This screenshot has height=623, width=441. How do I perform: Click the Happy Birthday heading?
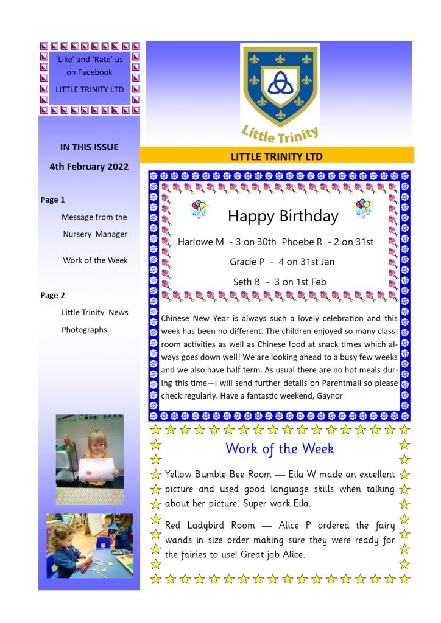(x=283, y=216)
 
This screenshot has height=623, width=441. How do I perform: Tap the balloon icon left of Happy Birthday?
(x=199, y=209)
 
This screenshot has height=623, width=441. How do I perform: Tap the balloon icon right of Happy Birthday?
(x=363, y=207)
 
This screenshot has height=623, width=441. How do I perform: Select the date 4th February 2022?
(x=89, y=166)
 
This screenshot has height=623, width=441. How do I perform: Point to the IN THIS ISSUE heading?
(x=89, y=147)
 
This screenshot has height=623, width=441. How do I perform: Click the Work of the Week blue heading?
(x=280, y=449)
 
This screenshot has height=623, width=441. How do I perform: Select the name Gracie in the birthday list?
(x=243, y=262)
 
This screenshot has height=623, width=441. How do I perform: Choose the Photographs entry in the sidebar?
(x=84, y=330)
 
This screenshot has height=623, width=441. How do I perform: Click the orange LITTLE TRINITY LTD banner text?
(x=277, y=156)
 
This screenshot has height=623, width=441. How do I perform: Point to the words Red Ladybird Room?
(x=210, y=526)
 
